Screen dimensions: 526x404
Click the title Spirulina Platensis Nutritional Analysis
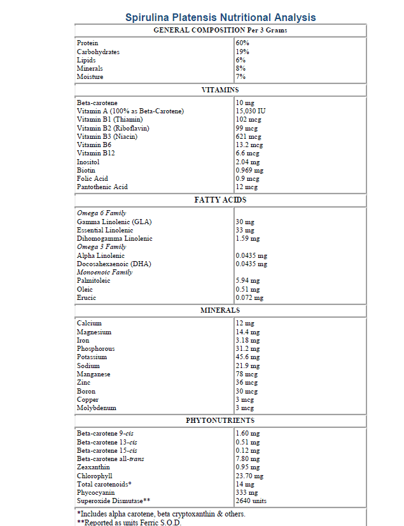coord(220,17)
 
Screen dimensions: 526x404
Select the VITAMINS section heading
coord(220,90)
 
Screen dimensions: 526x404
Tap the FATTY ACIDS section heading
coord(220,200)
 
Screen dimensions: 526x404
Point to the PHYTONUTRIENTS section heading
coord(220,420)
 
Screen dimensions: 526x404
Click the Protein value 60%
coord(242,43)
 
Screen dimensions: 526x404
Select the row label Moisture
coord(90,77)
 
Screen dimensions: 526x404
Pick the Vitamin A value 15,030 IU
coord(251,111)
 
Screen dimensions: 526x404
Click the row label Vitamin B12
coord(96,153)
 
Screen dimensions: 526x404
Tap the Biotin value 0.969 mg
coord(249,170)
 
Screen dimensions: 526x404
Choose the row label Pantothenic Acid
coord(102,187)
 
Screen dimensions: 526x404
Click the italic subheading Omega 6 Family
coord(101,213)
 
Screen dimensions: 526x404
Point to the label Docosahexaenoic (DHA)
coord(114,264)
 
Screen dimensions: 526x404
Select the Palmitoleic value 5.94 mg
coord(247,280)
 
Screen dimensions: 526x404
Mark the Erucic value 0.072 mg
coord(249,297)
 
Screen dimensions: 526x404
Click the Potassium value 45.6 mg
coord(247,357)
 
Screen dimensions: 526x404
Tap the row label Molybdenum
coord(96,408)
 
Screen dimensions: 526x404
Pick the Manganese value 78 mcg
coord(245,374)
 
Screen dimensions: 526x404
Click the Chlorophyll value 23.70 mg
coord(249,476)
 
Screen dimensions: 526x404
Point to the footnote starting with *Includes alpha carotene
coord(161,514)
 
